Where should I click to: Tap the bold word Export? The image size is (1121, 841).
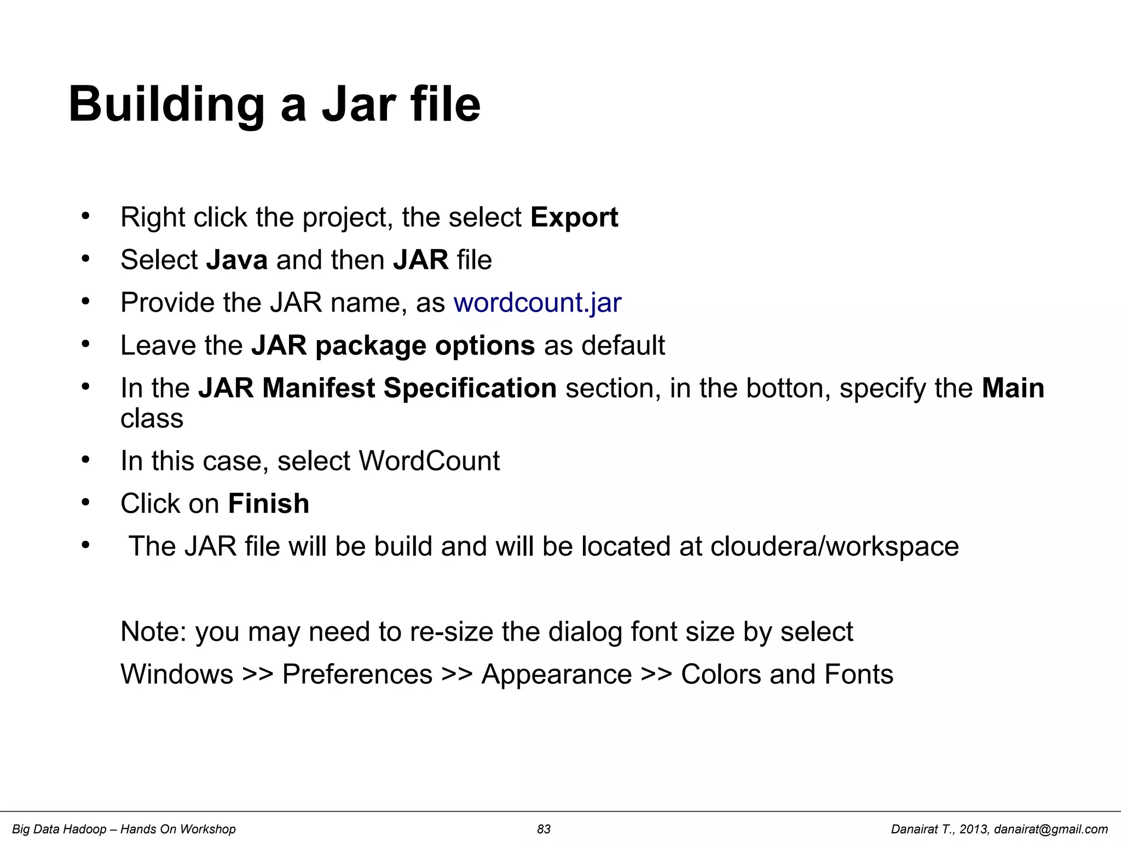(574, 217)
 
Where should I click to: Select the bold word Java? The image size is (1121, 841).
(237, 260)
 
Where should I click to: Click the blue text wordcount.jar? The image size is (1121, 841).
(538, 303)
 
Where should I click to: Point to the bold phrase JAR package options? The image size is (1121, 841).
(393, 345)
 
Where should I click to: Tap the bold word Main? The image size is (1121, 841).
(1013, 388)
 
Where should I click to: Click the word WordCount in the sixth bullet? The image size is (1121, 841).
(429, 461)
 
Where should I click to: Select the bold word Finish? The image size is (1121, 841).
(269, 504)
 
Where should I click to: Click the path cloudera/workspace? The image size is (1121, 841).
(834, 546)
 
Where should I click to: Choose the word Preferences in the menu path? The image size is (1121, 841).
(357, 675)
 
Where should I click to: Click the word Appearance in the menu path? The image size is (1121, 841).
(557, 675)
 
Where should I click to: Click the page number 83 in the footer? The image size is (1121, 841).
(544, 830)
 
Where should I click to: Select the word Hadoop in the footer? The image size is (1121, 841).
(85, 830)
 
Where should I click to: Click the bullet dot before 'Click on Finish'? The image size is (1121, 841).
(85, 502)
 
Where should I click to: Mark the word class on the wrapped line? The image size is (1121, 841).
(152, 419)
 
